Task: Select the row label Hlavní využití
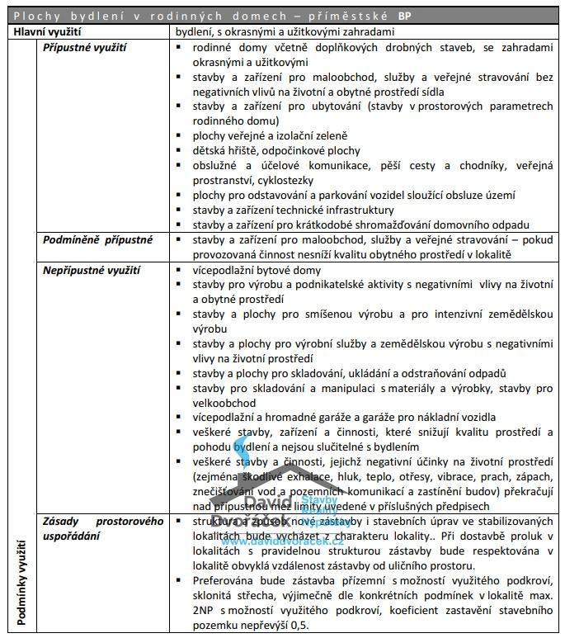pos(47,31)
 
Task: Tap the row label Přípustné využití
pos(84,48)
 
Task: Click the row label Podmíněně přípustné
pos(98,240)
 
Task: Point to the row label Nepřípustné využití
pos(92,270)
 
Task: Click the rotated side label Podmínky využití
pos(22,583)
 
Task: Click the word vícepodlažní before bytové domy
pos(223,270)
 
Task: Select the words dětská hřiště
pos(224,150)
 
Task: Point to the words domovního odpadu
pos(485,224)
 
